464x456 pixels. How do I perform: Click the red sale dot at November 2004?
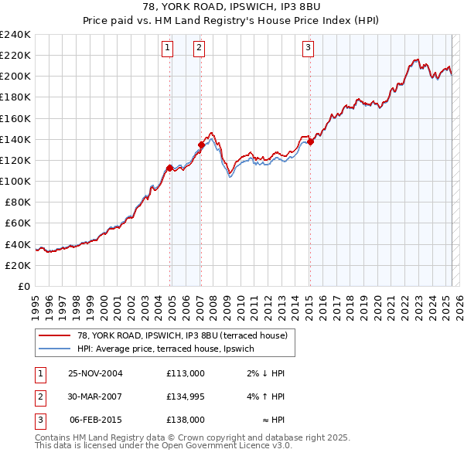point(169,167)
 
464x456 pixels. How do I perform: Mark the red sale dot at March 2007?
point(201,145)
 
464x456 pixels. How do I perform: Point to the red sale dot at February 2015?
point(310,141)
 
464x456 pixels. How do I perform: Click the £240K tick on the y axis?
point(15,35)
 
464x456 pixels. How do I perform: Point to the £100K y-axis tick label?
point(15,181)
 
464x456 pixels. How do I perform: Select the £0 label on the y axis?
point(23,286)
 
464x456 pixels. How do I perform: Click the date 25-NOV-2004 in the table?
point(95,373)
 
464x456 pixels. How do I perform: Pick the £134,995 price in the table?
point(186,396)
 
